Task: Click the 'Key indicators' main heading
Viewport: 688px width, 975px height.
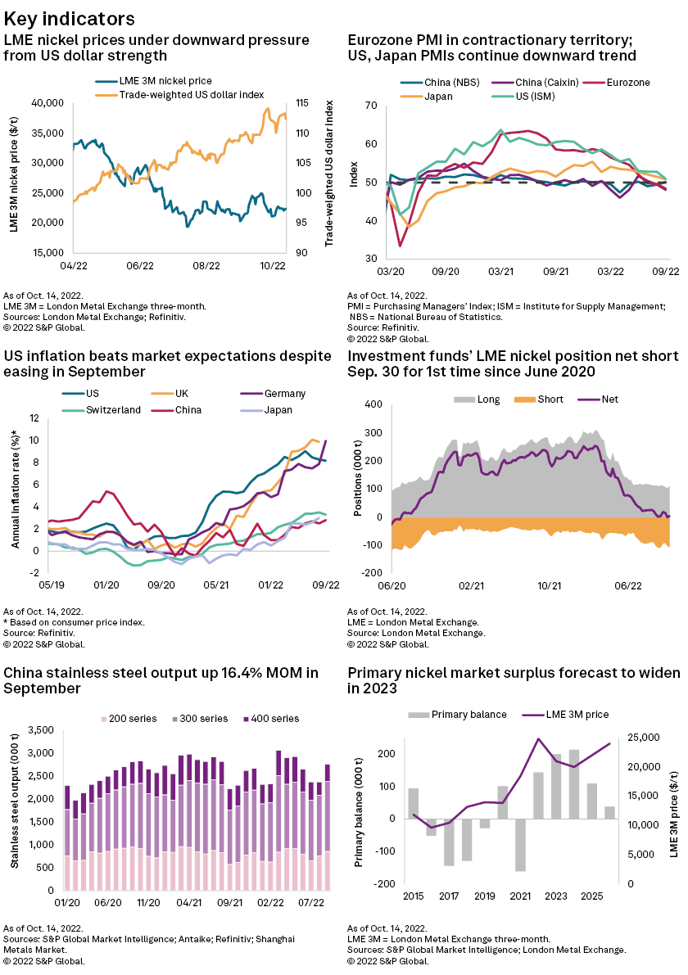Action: pyautogui.click(x=70, y=17)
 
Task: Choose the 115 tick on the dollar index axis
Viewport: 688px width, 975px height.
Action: pyautogui.click(x=301, y=103)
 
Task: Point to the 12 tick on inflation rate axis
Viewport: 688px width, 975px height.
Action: pyautogui.click(x=34, y=419)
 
